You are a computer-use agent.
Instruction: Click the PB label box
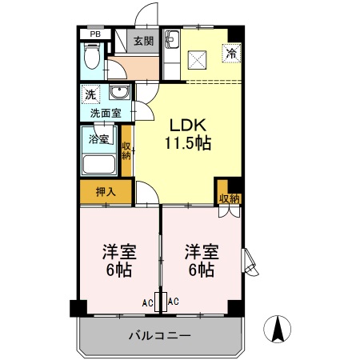[94, 34]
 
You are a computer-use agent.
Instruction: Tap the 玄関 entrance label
[143, 41]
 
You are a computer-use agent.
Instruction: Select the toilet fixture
[91, 58]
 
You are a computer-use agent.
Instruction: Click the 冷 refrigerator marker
[231, 55]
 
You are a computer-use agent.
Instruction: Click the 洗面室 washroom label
[105, 113]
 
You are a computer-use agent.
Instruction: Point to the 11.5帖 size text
[187, 144]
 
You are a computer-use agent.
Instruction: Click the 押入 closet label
[105, 192]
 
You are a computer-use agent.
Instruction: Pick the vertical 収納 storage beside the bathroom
[126, 150]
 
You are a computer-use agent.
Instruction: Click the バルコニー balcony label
[159, 336]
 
